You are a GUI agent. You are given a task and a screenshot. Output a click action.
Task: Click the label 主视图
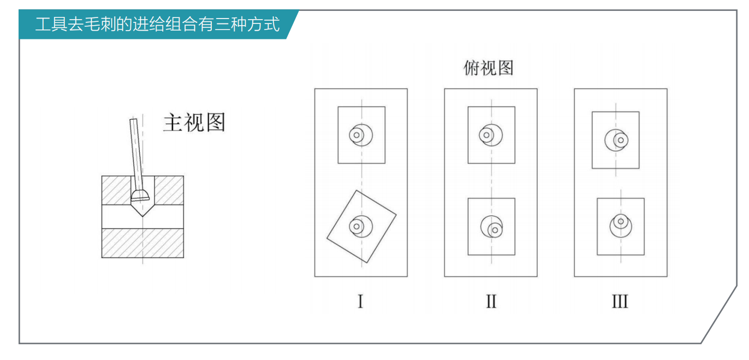[x=194, y=123]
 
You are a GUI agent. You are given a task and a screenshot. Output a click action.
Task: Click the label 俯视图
[x=489, y=68]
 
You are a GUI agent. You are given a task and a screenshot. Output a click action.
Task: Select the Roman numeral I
[x=360, y=302]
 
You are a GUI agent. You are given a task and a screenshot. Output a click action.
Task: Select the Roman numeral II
[x=491, y=302]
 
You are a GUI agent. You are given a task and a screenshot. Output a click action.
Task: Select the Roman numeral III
[x=620, y=302]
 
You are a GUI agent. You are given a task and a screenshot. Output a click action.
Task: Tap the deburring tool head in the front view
[x=140, y=195]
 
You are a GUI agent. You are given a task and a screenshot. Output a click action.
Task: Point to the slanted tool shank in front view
[x=136, y=153]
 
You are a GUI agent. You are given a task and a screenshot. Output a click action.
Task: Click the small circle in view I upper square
[x=356, y=135]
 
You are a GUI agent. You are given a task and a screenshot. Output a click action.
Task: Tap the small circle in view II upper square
[x=486, y=135]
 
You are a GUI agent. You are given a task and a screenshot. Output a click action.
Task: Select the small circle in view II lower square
[x=495, y=230]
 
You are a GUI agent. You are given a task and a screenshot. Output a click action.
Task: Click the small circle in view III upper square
[x=620, y=140]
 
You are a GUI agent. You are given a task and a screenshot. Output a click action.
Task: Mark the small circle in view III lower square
[x=620, y=222]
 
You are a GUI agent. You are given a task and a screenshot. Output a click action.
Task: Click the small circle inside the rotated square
[x=356, y=226]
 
